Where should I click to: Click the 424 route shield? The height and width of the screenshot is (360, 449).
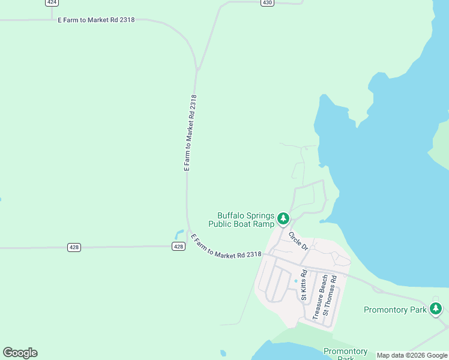[x=52, y=2]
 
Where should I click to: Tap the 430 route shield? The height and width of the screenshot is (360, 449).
[x=267, y=2]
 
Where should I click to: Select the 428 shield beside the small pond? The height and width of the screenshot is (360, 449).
[x=178, y=246]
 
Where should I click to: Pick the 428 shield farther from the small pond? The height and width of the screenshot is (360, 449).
[x=74, y=247]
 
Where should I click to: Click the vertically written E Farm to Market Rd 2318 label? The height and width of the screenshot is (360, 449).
[x=190, y=133]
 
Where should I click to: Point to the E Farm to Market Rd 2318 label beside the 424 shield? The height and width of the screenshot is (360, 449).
[x=96, y=20]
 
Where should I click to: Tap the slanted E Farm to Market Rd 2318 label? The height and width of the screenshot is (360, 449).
[x=226, y=247]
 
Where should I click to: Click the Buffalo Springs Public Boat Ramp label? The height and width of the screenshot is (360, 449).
[x=241, y=220]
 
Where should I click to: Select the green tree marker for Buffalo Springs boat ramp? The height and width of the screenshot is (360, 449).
[x=283, y=219]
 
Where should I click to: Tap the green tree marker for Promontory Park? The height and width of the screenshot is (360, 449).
[x=436, y=309]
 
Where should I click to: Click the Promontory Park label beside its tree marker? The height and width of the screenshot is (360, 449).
[x=395, y=310]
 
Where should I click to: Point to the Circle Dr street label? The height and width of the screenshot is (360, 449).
[x=298, y=241]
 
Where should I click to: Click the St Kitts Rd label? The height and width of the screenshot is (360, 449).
[x=304, y=285]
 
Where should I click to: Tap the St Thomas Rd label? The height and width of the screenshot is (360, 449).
[x=330, y=295]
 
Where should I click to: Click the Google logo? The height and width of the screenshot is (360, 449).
[x=20, y=353]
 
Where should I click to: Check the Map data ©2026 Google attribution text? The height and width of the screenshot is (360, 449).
[x=412, y=355]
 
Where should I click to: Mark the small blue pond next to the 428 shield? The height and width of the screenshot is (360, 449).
[x=178, y=234]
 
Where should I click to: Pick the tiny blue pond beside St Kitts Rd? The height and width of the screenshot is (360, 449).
[x=296, y=281]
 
